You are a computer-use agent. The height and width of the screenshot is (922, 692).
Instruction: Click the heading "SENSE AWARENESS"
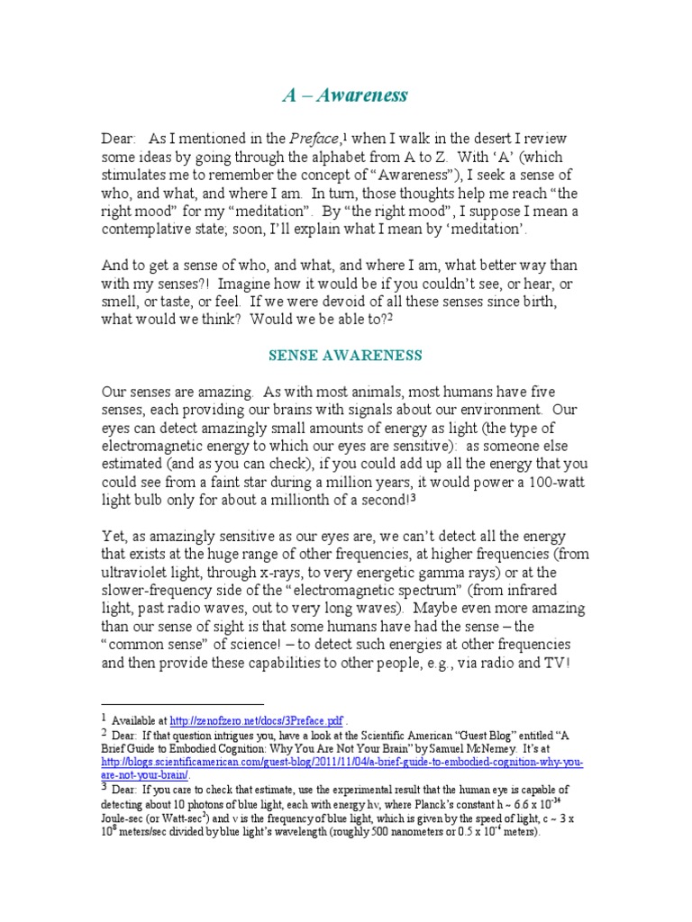(x=346, y=356)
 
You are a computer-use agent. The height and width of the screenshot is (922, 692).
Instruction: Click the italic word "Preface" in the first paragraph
(x=314, y=140)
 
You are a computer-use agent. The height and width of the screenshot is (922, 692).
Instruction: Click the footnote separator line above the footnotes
(x=182, y=704)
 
